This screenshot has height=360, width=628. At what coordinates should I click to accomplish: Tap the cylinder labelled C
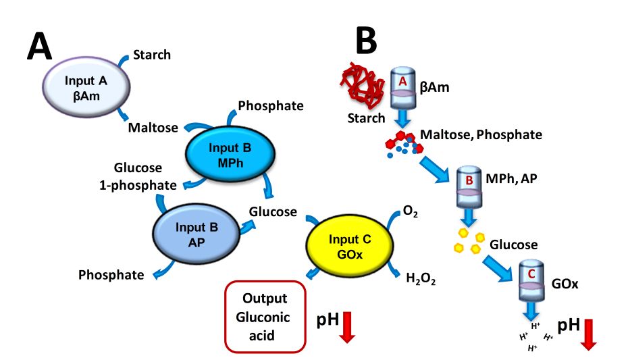click(531, 280)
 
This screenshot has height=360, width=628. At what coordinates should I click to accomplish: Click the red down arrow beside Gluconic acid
click(347, 325)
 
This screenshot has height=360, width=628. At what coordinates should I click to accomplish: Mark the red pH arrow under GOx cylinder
click(588, 332)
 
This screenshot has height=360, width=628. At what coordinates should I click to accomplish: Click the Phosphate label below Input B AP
click(111, 275)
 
